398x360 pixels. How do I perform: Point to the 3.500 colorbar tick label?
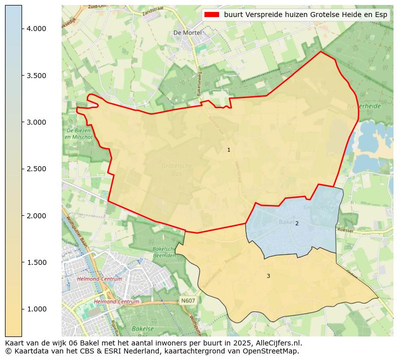36,76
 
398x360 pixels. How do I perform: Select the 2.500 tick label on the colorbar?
36,169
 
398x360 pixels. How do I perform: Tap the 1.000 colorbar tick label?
36,309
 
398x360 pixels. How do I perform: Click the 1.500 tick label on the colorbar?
36,262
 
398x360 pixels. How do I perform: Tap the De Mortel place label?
187,33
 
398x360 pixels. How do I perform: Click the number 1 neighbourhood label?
229,150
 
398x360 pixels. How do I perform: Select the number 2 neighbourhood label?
297,223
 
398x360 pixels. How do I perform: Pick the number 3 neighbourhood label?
268,276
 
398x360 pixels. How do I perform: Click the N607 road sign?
187,300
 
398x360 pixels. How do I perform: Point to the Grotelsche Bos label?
176,169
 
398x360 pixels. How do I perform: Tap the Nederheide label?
364,107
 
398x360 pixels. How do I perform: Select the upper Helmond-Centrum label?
100,279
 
